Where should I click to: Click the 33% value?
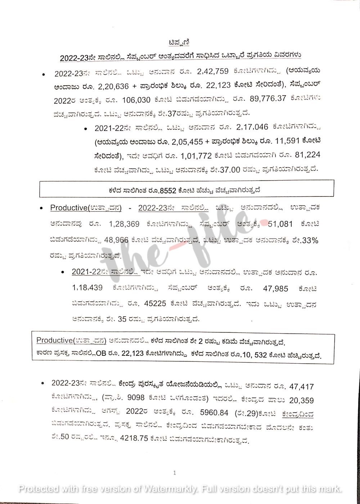(x=310, y=240)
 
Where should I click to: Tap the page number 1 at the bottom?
(x=175, y=473)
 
